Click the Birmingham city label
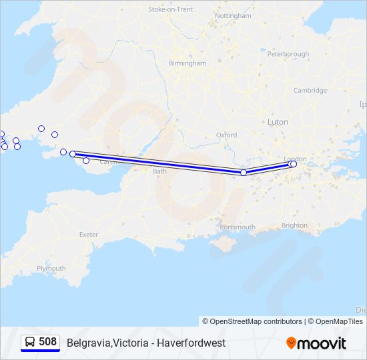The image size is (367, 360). [188, 63]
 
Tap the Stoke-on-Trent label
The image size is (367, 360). [170, 9]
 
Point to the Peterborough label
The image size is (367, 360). [288, 53]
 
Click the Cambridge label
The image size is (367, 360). [310, 90]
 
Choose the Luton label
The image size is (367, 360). [277, 122]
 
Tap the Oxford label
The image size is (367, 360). [226, 135]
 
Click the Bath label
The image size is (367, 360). [159, 171]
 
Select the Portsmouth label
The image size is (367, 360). [237, 227]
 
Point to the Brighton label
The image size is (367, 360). [294, 225]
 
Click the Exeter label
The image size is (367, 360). [89, 235]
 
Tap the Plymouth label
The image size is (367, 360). [51, 268]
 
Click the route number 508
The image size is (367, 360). [47, 342]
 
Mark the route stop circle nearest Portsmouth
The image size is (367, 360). [244, 173]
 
